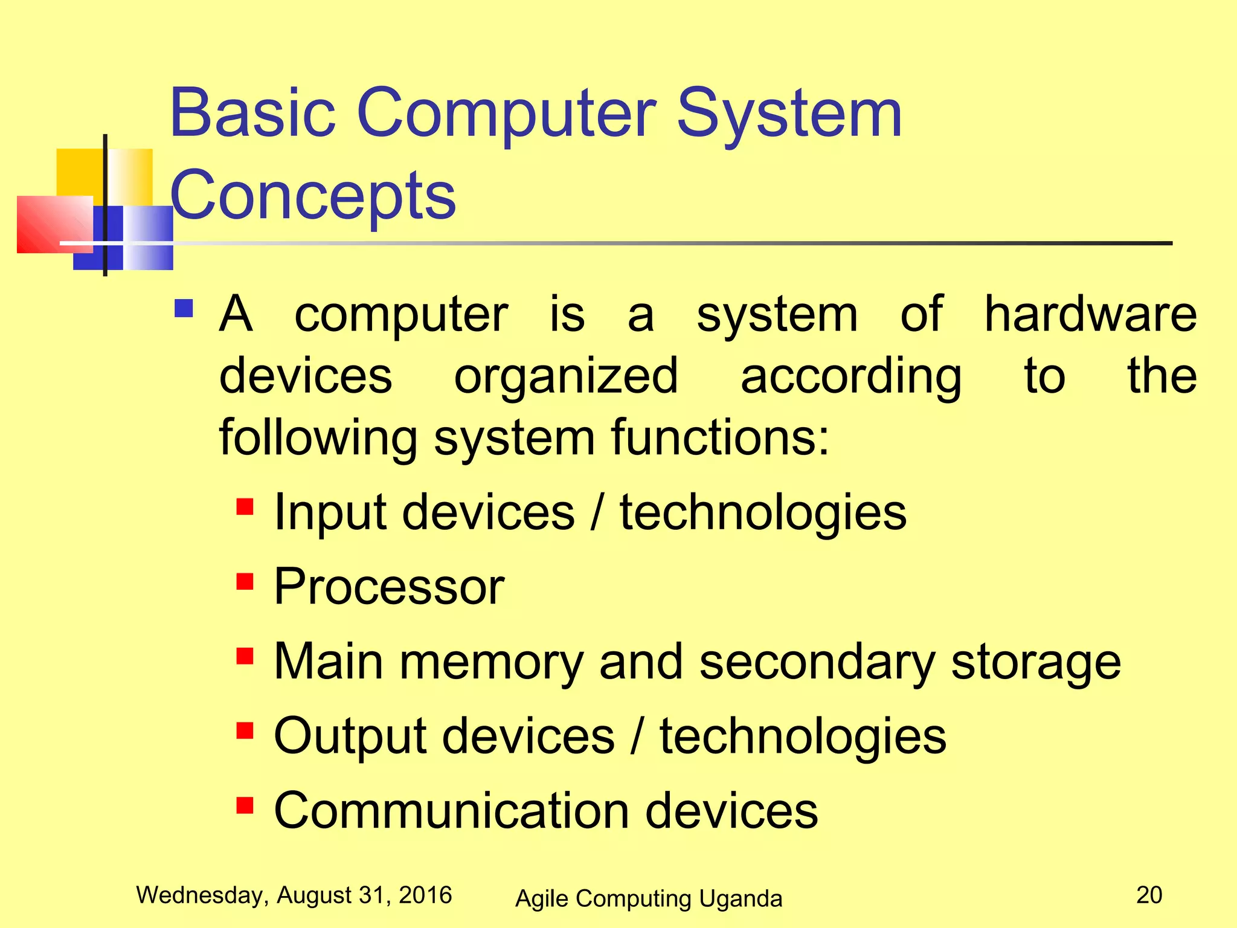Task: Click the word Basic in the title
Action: (x=252, y=113)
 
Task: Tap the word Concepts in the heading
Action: (x=313, y=195)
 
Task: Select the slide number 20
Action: (x=1149, y=895)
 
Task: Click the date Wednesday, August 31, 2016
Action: (x=294, y=895)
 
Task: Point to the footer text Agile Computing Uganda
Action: (x=648, y=898)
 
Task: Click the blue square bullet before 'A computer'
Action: (x=184, y=309)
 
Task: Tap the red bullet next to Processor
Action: (x=245, y=581)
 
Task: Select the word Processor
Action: (x=389, y=587)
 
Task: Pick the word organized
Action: (x=566, y=376)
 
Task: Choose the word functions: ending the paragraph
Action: (x=720, y=437)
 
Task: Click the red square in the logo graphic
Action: (x=51, y=224)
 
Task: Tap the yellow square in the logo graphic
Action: (x=80, y=172)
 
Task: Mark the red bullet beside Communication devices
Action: (x=245, y=805)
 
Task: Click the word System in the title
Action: (x=789, y=113)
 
